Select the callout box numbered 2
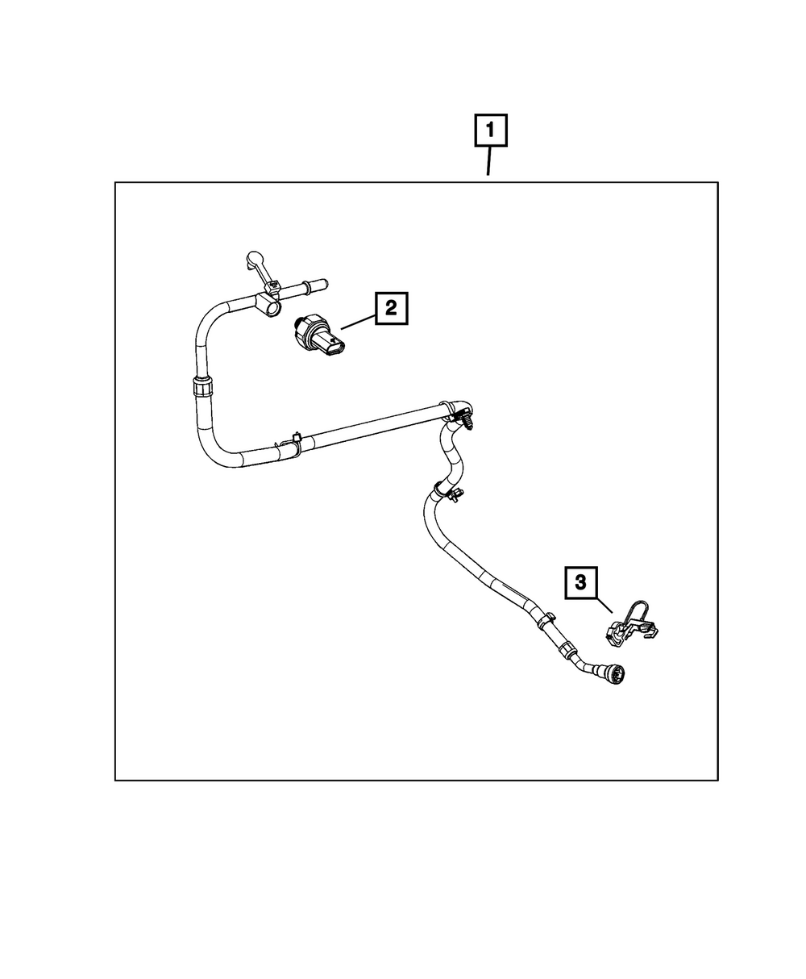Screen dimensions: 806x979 (391, 308)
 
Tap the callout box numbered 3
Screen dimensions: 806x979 (581, 582)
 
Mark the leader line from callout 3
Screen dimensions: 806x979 (606, 606)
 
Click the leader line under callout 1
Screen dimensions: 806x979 (488, 164)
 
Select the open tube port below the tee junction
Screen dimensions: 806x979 (272, 307)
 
